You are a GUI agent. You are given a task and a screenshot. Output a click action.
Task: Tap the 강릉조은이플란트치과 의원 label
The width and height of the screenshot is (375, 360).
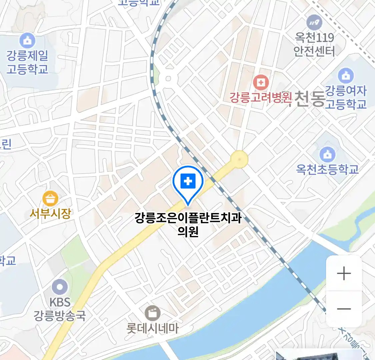pyautogui.click(x=188, y=224)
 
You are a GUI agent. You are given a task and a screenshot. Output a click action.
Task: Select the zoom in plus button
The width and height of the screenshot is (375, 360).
pyautogui.click(x=344, y=274)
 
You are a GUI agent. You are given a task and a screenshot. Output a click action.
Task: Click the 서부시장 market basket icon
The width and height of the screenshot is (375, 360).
pyautogui.click(x=50, y=199)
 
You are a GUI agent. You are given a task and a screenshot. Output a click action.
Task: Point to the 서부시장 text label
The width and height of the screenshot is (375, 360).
pyautogui.click(x=50, y=213)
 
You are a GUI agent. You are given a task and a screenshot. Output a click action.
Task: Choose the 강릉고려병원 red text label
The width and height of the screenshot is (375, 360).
pyautogui.click(x=261, y=98)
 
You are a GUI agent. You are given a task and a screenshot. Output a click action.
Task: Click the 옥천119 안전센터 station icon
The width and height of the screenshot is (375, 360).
pyautogui.click(x=314, y=23)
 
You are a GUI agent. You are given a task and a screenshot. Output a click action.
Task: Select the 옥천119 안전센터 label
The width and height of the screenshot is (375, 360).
pyautogui.click(x=314, y=44)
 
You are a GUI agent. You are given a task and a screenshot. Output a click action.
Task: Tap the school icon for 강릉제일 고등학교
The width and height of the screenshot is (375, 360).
pyautogui.click(x=27, y=41)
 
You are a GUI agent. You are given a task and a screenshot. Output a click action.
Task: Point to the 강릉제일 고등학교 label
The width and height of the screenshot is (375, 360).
pyautogui.click(x=27, y=62)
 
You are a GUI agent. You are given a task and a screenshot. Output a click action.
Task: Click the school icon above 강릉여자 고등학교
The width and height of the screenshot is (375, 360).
pyautogui.click(x=346, y=75)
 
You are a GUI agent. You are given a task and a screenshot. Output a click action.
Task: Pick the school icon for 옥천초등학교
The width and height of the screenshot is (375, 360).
pyautogui.click(x=327, y=154)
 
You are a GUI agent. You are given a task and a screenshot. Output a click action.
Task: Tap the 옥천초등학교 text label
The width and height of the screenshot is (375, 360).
pyautogui.click(x=327, y=169)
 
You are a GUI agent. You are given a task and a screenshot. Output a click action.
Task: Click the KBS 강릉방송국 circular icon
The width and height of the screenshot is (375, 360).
pyautogui.click(x=60, y=287)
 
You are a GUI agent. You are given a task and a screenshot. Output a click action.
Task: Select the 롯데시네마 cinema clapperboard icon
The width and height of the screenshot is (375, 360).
pyautogui.click(x=153, y=313)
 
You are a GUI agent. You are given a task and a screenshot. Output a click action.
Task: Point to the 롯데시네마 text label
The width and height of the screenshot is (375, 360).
pyautogui.click(x=153, y=328)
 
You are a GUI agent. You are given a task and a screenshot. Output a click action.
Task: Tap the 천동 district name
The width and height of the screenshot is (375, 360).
pyautogui.click(x=309, y=99)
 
